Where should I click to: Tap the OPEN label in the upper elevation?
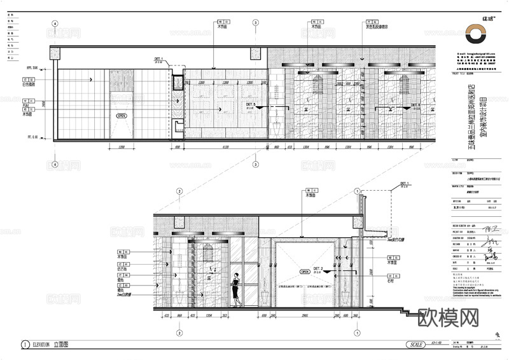[122, 116]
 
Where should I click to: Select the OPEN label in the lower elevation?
[304, 272]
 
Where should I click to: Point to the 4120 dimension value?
[219, 148]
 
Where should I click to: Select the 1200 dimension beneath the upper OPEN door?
[122, 148]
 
